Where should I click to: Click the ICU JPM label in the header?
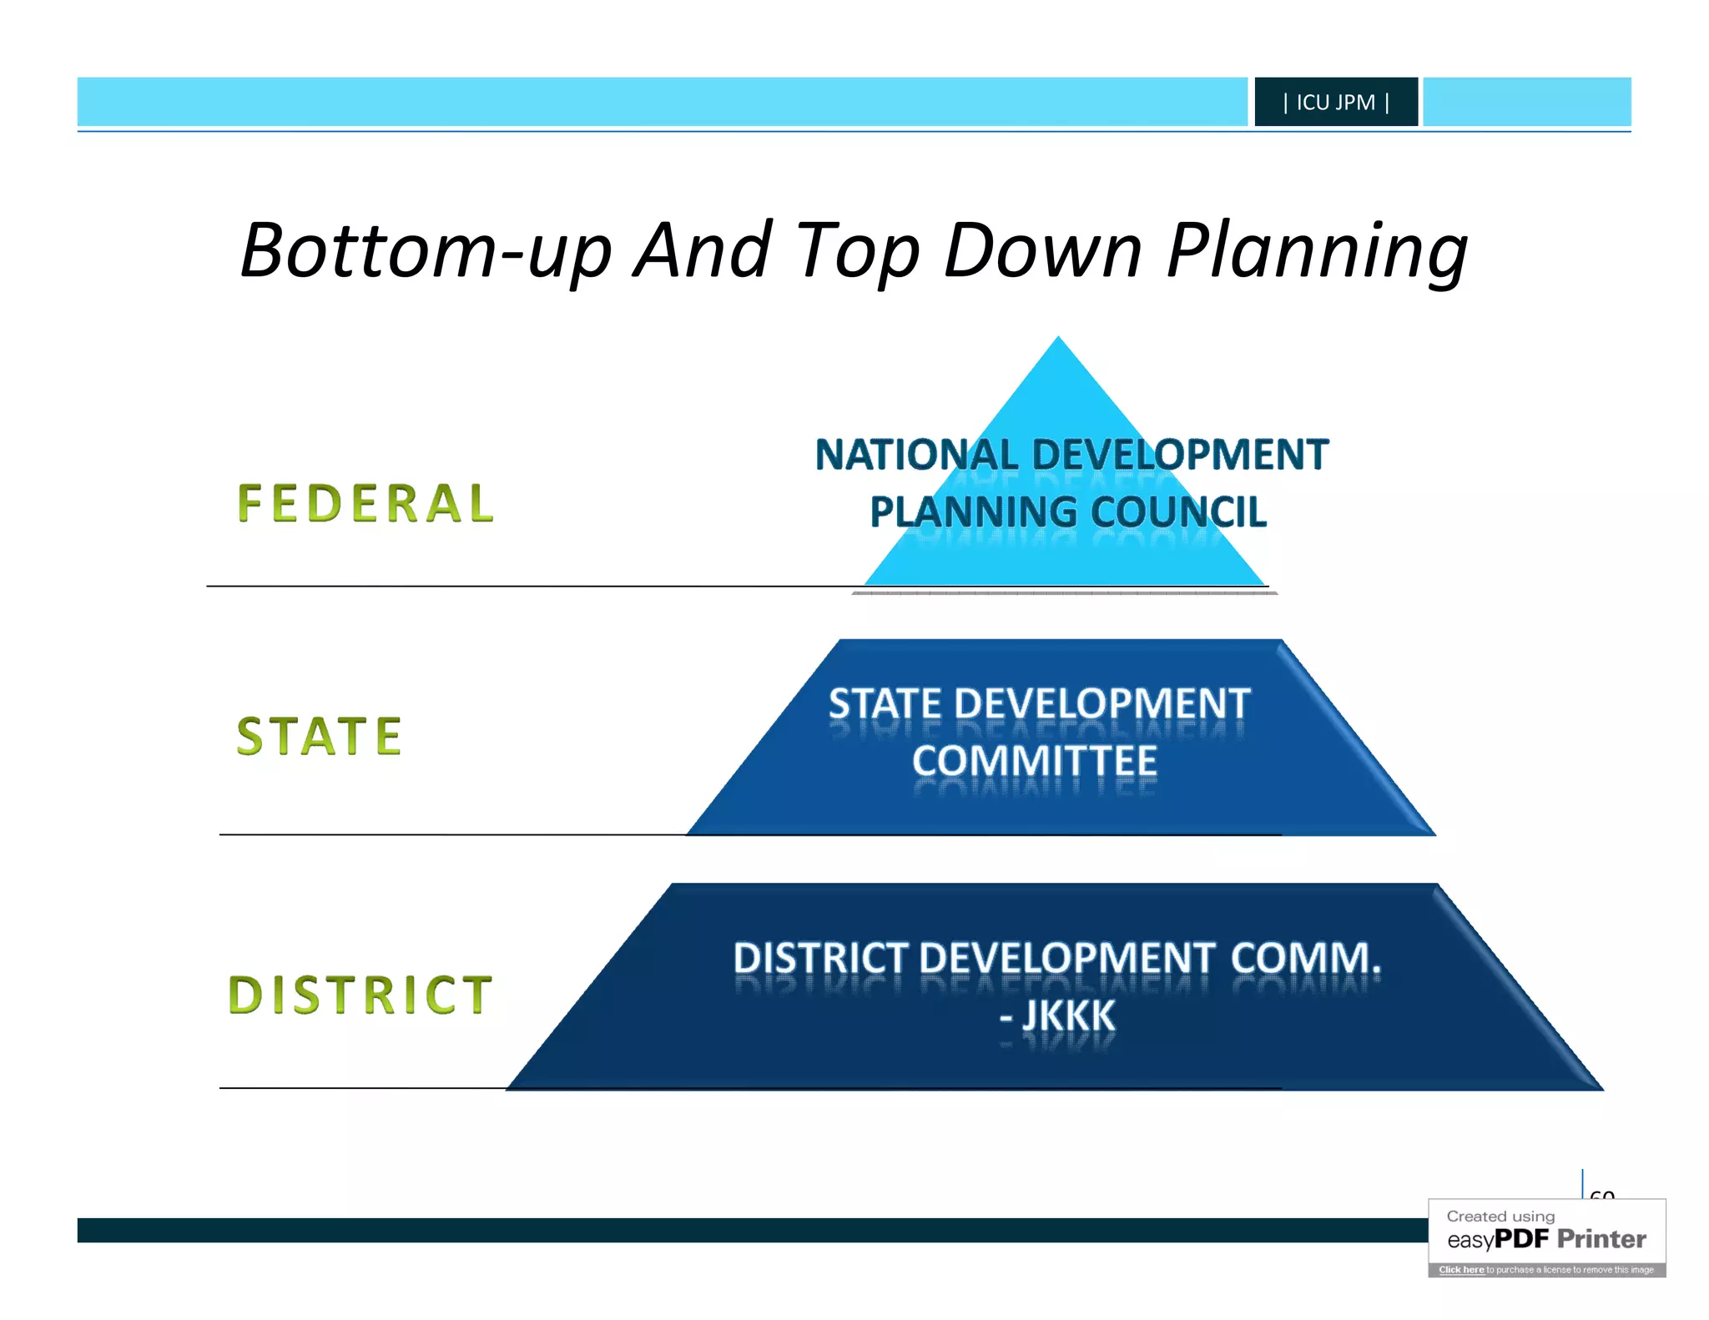(1335, 103)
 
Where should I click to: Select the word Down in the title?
(1042, 250)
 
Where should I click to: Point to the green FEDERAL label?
(366, 504)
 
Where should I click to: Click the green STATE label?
(320, 736)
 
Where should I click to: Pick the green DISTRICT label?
(360, 995)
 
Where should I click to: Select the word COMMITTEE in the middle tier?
(1035, 761)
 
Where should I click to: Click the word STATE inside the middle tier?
(885, 704)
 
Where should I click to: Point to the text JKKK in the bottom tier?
(1069, 1015)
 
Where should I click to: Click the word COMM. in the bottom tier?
(1305, 958)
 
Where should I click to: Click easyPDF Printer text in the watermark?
(1546, 1239)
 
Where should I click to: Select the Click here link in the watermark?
(1460, 1270)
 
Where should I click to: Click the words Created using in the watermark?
(1500, 1217)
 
